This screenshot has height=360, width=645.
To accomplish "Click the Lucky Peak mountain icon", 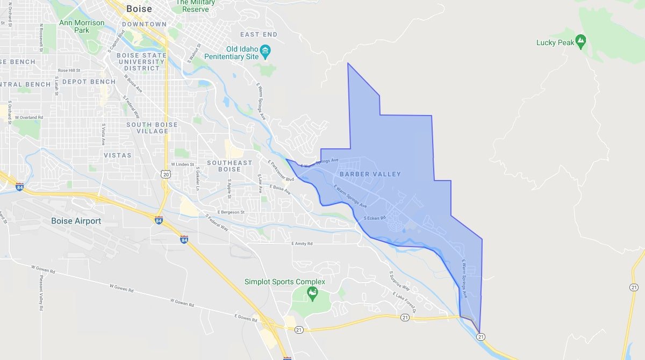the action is click(x=580, y=40).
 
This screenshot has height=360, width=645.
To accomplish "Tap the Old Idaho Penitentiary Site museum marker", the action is click(x=265, y=52).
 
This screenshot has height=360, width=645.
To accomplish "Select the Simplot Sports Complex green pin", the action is click(x=312, y=293).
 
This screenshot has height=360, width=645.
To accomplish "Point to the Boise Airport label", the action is click(x=76, y=221).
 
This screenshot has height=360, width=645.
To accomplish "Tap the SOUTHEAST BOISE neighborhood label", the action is click(x=230, y=166).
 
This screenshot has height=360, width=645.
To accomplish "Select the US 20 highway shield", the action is click(x=165, y=174).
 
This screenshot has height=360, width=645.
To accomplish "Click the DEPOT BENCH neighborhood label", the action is click(x=89, y=82).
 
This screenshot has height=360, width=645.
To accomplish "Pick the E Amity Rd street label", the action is click(x=302, y=243).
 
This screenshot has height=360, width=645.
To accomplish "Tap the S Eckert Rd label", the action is click(x=375, y=218).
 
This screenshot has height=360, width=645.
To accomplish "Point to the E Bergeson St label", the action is click(x=230, y=212).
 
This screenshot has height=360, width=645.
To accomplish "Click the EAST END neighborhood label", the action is click(x=259, y=34).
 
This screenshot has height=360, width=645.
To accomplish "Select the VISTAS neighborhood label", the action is click(x=118, y=155).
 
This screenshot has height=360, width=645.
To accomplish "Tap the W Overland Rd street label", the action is click(x=28, y=117).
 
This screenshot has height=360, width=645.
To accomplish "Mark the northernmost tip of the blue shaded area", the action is click(x=348, y=63).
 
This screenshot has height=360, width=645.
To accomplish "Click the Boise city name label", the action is click(x=139, y=9).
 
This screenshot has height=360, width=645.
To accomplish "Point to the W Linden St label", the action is click(x=182, y=164).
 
